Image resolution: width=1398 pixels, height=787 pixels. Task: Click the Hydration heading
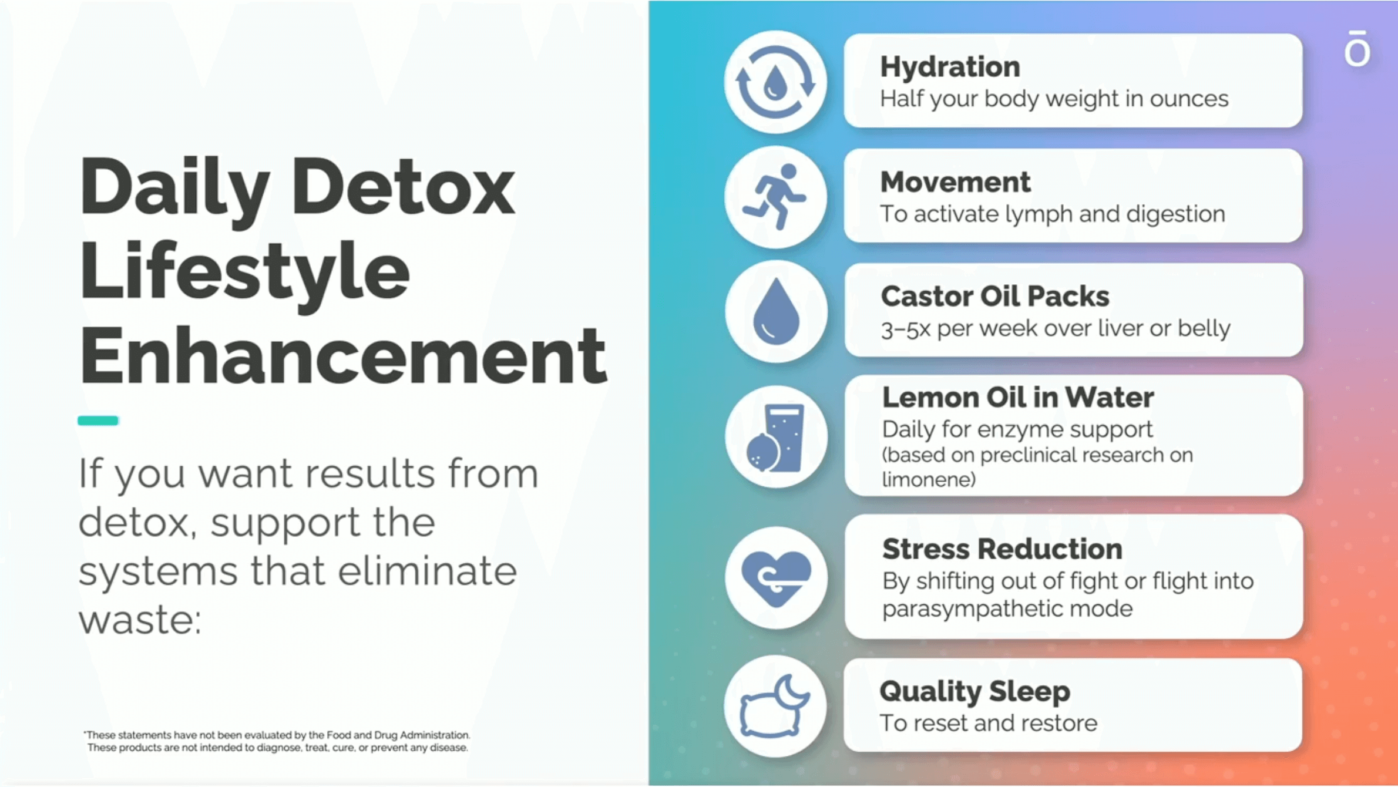pos(950,67)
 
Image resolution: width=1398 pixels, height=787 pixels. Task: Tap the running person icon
pos(775,197)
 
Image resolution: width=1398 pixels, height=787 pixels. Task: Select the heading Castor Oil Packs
pos(995,297)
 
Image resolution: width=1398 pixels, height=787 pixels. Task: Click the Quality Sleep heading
pos(974,692)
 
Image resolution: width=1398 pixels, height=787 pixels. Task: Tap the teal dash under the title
pos(98,421)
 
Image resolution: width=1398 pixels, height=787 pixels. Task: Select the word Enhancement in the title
pos(344,356)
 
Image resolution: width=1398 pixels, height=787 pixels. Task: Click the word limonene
pos(929,480)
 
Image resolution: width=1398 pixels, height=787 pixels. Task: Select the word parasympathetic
pos(973,609)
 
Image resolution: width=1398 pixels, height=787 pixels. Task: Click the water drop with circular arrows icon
pos(775,82)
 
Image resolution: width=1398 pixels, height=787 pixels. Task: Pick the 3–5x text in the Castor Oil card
pos(906,329)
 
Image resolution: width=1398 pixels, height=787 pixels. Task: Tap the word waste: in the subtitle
pos(140,620)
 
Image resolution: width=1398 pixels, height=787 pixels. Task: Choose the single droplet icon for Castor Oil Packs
pos(776,311)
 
